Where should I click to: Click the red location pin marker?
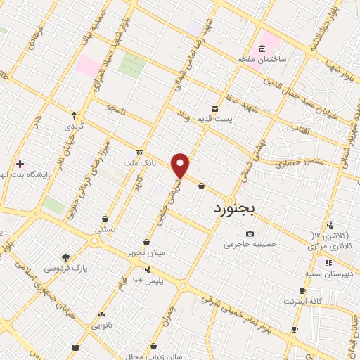pos(181,165)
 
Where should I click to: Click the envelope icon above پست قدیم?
pos(215,110)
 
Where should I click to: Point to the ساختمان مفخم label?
pos(261,60)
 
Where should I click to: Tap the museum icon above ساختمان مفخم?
pos(262,49)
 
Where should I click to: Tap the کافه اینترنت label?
pos(302,302)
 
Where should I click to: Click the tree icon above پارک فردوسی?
pos(65,257)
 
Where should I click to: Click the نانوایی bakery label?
pos(103,326)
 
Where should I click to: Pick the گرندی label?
pos(75,126)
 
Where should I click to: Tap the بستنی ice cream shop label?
pos(105,230)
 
